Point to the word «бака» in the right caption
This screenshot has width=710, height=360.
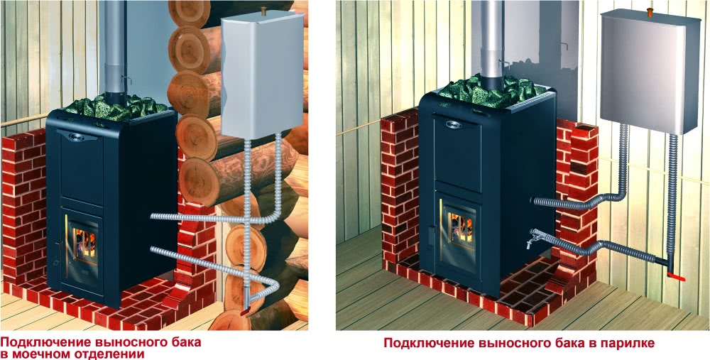pyautogui.click(x=567, y=343)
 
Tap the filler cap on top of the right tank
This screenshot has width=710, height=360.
pyautogui.click(x=650, y=12)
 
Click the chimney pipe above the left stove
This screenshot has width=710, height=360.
pyautogui.click(x=114, y=48)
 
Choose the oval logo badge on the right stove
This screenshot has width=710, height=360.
pyautogui.click(x=452, y=124)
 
